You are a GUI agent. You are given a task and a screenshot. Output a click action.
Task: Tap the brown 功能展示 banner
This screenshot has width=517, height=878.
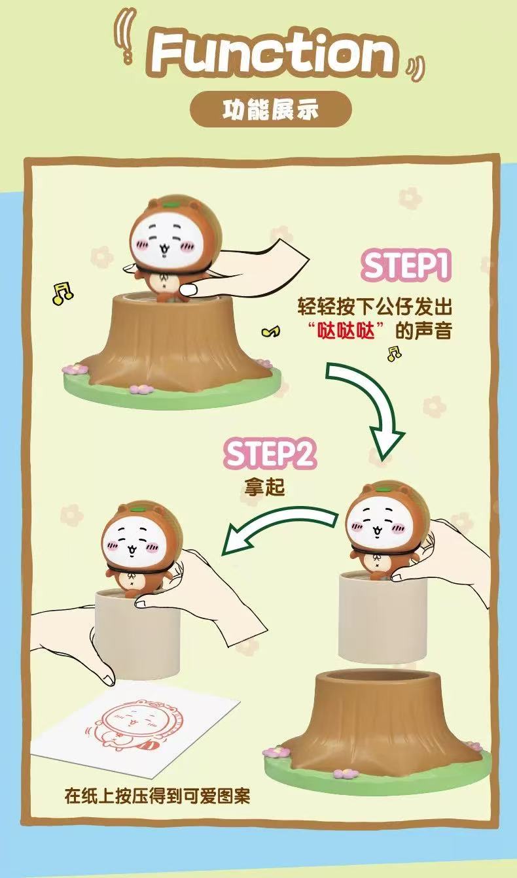pos(271,109)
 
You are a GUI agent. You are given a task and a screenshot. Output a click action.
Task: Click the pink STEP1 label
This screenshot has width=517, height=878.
pos(406,265)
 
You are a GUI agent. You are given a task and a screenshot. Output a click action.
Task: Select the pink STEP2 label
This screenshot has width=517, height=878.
pos(270,454)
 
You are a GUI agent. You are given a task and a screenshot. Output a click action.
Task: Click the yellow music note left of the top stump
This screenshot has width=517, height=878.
pos(62,293)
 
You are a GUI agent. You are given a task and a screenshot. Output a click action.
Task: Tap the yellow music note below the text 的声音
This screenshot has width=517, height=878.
pos(394,353)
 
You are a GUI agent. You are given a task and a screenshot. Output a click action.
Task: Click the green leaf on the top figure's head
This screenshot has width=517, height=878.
pos(171,204)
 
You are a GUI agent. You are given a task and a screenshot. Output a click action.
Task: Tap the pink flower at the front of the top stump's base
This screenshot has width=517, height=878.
pos(141,389)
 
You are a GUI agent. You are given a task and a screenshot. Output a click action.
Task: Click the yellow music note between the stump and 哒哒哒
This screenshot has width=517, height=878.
pos(271,331)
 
